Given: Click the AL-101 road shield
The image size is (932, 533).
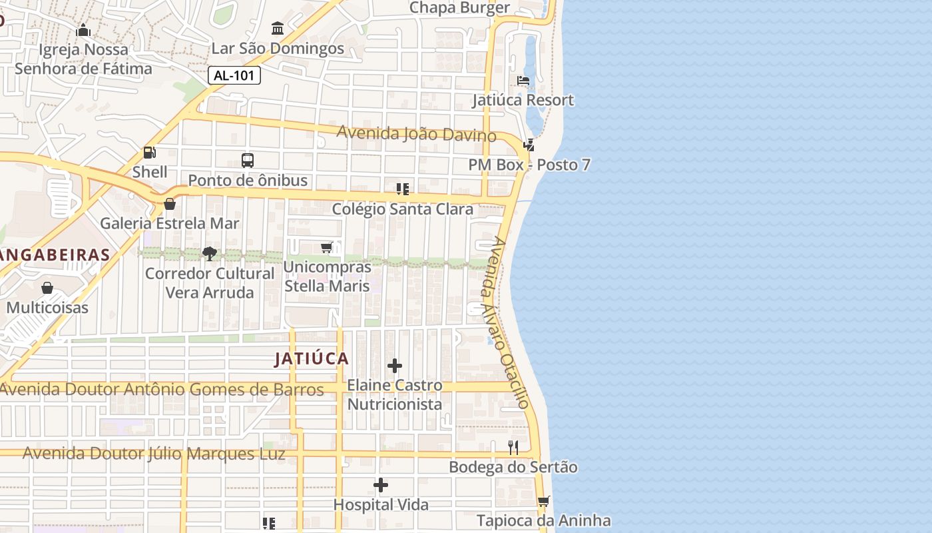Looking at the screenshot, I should pos(234,75).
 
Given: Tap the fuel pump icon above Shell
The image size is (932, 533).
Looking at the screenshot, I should pos(150,153).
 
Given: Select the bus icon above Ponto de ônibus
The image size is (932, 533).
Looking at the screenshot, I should pos(248,161).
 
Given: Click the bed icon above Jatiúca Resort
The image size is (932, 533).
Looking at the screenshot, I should pos(523,81).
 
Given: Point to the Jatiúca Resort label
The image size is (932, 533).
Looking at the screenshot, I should pos(523,100).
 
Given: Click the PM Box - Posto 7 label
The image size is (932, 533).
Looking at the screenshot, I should pos(529,165).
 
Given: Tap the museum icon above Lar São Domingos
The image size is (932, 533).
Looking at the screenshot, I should pos(278,29).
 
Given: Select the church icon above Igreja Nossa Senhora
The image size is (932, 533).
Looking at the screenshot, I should pos(83,30).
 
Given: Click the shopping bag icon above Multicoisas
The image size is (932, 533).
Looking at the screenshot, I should pos(47,288).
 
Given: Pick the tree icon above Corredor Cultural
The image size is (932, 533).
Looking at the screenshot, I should pos(210,253).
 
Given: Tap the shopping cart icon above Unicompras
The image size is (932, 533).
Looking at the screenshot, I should pos(327,248).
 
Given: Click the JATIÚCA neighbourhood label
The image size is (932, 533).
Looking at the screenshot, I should pos(312,358).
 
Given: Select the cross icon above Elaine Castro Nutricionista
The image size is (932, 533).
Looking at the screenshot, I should pos(395,366).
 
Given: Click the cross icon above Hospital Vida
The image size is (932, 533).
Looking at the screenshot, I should pos(381,485).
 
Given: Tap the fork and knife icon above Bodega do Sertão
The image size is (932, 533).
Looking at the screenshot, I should pos(513,447).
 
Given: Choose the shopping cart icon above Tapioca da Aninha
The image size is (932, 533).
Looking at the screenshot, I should pos(544,501).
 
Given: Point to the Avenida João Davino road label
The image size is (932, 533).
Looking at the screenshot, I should pos(416,133).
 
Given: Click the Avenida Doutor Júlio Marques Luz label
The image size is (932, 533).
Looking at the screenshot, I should pos(154,454).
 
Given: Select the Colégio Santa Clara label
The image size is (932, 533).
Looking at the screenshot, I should pos(403,209).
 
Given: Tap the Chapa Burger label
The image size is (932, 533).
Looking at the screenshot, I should pos(459,8).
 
